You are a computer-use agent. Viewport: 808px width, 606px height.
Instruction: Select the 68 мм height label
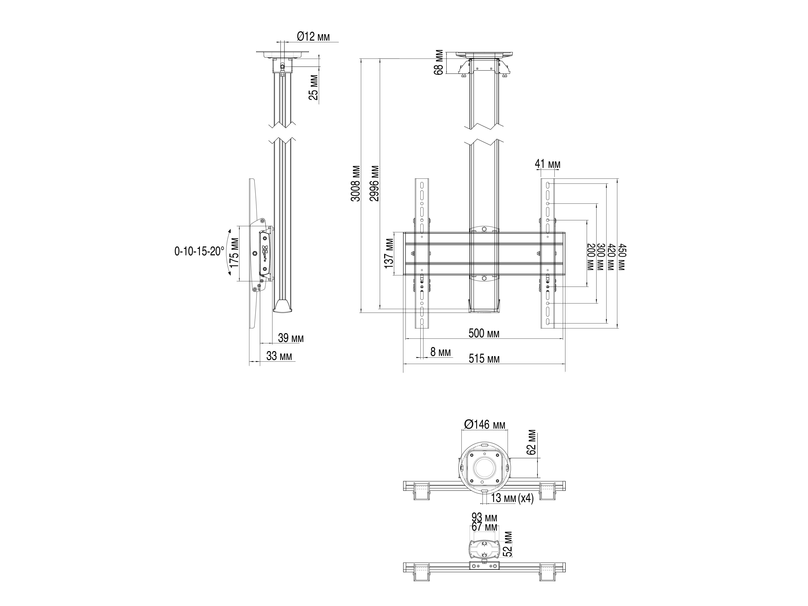click(x=439, y=62)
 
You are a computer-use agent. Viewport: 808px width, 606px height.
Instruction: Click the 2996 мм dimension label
click(x=374, y=183)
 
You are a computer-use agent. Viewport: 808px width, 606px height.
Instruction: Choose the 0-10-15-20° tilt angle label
click(x=199, y=251)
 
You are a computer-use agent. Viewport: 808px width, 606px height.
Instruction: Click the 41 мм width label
click(x=547, y=164)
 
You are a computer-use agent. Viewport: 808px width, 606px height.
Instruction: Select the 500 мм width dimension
click(x=484, y=333)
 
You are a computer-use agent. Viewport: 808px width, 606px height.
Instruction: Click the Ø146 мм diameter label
click(x=485, y=424)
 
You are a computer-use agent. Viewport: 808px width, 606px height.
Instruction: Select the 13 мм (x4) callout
click(x=512, y=498)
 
